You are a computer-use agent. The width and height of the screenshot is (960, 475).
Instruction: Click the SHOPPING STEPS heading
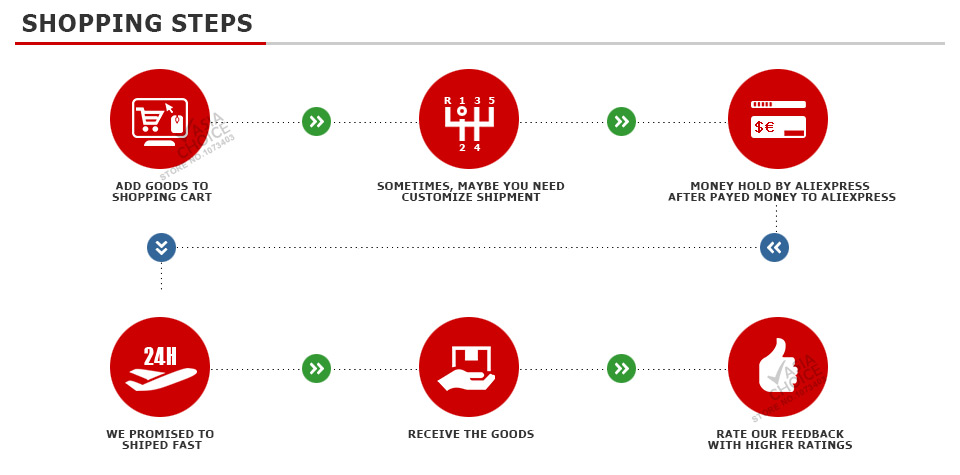(137, 23)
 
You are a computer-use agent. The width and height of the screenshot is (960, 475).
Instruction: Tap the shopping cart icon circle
(160, 119)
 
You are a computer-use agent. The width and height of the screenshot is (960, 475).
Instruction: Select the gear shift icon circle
(469, 119)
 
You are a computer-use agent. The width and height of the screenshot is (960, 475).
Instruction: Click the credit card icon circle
(778, 119)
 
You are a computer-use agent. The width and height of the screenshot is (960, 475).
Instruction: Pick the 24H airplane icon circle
(160, 367)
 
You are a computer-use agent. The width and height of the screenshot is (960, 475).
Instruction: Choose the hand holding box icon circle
(469, 367)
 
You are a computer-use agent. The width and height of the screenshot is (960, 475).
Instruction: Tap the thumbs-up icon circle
(778, 367)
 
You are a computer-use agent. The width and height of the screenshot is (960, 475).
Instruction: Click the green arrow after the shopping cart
(316, 122)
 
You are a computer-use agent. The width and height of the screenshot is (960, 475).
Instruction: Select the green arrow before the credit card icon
(621, 122)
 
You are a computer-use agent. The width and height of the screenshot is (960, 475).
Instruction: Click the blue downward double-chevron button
(161, 247)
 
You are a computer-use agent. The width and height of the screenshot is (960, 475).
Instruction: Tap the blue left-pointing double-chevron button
(774, 247)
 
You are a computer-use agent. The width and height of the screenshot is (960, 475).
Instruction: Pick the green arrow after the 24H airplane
(316, 369)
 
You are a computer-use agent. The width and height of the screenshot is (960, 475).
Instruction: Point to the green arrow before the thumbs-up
(621, 369)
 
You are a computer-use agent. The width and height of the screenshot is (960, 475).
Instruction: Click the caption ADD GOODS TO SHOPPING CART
(161, 192)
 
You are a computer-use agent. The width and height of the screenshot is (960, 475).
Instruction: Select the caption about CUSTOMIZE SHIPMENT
(470, 192)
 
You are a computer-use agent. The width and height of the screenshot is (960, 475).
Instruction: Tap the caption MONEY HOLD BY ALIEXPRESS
(781, 192)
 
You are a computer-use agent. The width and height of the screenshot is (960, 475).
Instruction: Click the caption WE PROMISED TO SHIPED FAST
(160, 440)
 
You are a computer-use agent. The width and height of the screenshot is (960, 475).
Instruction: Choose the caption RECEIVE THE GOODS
(470, 434)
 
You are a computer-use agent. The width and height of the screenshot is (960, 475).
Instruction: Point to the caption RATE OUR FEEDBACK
(780, 440)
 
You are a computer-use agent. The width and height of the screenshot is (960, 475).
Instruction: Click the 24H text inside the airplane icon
(160, 356)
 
